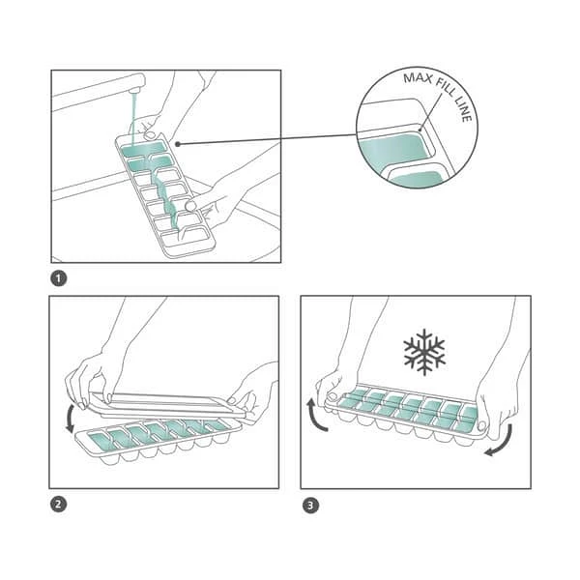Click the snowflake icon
coord(423,352)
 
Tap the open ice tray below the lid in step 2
coord(155,441)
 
